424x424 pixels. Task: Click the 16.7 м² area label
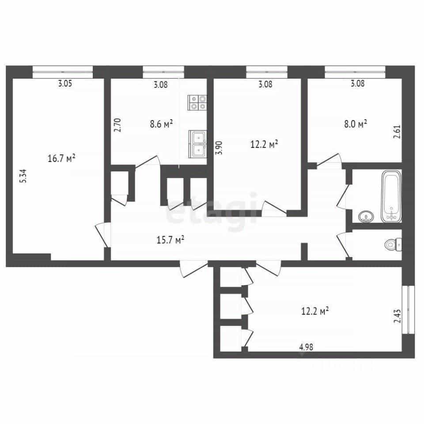[61, 158]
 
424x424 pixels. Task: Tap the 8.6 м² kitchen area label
[161, 124]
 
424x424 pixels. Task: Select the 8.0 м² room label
[355, 124]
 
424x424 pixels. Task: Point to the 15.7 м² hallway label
[170, 239]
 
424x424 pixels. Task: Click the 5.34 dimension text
[24, 176]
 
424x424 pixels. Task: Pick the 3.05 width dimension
[65, 83]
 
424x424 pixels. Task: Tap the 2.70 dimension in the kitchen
[117, 125]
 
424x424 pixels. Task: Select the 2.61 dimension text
[397, 132]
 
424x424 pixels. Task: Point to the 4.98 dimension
[307, 347]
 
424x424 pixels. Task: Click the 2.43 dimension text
[397, 316]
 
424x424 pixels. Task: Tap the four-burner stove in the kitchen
[197, 102]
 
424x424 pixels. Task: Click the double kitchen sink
[198, 144]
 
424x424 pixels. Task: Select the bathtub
[391, 196]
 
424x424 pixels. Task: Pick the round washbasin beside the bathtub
[366, 216]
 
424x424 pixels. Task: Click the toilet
[393, 245]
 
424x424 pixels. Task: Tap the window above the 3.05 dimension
[63, 72]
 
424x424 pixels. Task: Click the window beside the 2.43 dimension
[408, 310]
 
